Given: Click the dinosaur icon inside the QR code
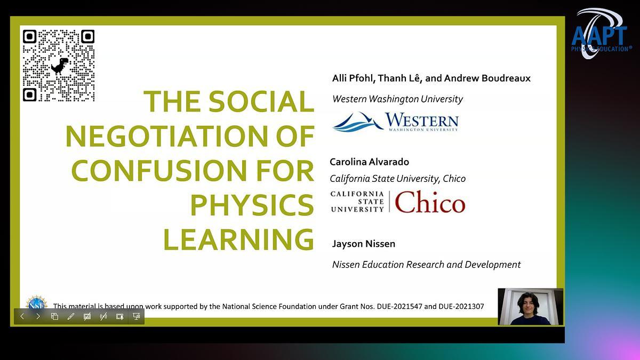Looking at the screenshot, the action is (60, 66).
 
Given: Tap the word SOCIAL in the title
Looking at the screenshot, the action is (261, 101).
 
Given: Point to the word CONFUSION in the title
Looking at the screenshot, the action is (159, 170).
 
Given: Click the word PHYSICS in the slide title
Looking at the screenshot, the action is (252, 205).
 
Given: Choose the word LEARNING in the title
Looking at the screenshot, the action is (238, 239).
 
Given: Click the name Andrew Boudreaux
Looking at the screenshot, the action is (487, 78).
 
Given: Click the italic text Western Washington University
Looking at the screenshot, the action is (397, 99).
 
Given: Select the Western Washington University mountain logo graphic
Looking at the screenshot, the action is (358, 122).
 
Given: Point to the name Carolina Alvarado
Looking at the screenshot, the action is (369, 162).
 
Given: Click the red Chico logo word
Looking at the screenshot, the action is (430, 202).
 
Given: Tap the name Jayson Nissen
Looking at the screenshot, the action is (363, 244).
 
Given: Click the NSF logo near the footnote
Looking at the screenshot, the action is (36, 303).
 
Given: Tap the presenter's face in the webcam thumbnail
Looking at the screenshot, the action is (529, 304).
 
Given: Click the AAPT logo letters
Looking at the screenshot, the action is (599, 36).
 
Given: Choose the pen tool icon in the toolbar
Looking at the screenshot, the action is (70, 316).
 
